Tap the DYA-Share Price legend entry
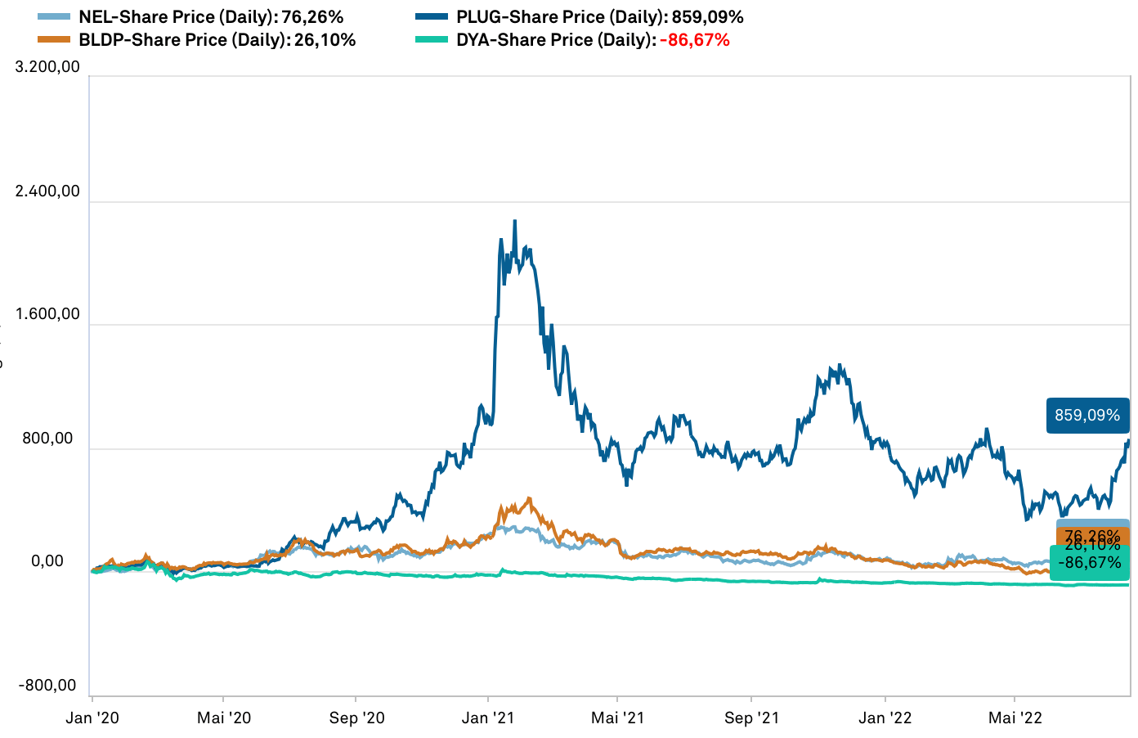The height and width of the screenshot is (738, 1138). tap(555, 40)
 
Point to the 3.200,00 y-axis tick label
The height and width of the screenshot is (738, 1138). tap(47, 66)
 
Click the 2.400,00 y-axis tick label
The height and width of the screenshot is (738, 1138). tap(47, 191)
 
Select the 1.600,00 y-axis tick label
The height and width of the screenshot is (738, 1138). tap(47, 314)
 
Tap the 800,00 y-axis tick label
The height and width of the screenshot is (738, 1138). tap(47, 439)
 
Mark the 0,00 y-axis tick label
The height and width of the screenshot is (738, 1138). tap(47, 561)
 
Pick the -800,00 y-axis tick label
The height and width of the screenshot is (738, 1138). tap(47, 686)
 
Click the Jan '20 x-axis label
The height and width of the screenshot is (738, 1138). tap(92, 718)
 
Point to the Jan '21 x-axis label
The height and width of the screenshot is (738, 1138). tap(488, 718)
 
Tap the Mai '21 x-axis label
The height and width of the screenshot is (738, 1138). tap(617, 718)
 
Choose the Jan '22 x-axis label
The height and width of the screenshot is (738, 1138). tap(885, 718)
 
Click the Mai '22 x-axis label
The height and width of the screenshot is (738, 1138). tap(1015, 718)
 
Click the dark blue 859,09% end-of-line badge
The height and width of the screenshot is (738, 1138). tap(1087, 416)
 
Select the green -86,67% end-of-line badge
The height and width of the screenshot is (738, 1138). tap(1090, 563)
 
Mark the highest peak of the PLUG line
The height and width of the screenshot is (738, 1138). tap(514, 221)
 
